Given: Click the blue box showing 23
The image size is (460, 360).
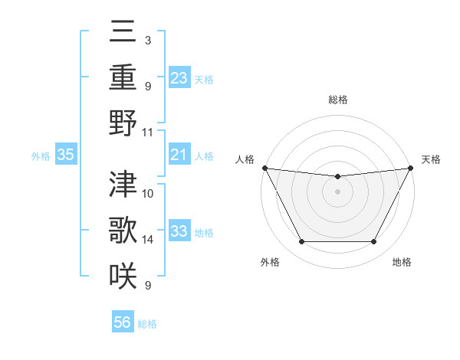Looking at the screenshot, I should click(x=179, y=77).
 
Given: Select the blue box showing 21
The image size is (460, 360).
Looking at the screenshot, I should click(x=179, y=155).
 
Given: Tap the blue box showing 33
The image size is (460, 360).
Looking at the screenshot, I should click(x=179, y=231).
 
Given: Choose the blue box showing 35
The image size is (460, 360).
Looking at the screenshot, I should click(x=66, y=155).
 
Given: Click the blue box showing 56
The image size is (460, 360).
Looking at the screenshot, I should click(x=123, y=323).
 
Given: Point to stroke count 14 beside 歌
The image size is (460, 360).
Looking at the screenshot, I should click(x=148, y=240).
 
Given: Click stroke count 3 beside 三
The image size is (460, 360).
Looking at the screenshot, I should click(x=147, y=40).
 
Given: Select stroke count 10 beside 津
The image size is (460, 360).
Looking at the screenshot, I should click(x=148, y=193).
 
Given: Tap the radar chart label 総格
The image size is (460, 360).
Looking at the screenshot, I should click(x=337, y=100).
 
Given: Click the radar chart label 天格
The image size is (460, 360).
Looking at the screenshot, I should click(x=432, y=159).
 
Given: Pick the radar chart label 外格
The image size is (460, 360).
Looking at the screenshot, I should click(x=270, y=262).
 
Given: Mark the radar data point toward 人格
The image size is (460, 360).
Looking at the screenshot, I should click(x=264, y=167).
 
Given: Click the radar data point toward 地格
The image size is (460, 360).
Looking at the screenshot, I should click(x=374, y=242).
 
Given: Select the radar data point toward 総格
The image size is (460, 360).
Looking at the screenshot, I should click(x=337, y=177).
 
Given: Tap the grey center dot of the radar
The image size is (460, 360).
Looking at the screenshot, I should click(x=337, y=191).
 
